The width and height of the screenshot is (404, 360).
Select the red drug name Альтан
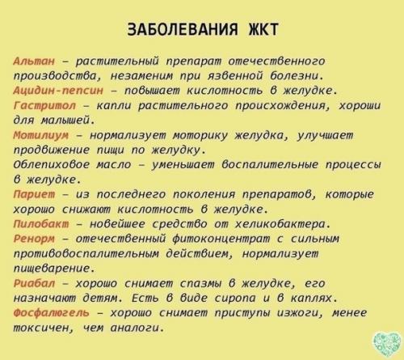[34, 61]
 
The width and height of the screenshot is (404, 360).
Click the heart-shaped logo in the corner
[382, 340]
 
